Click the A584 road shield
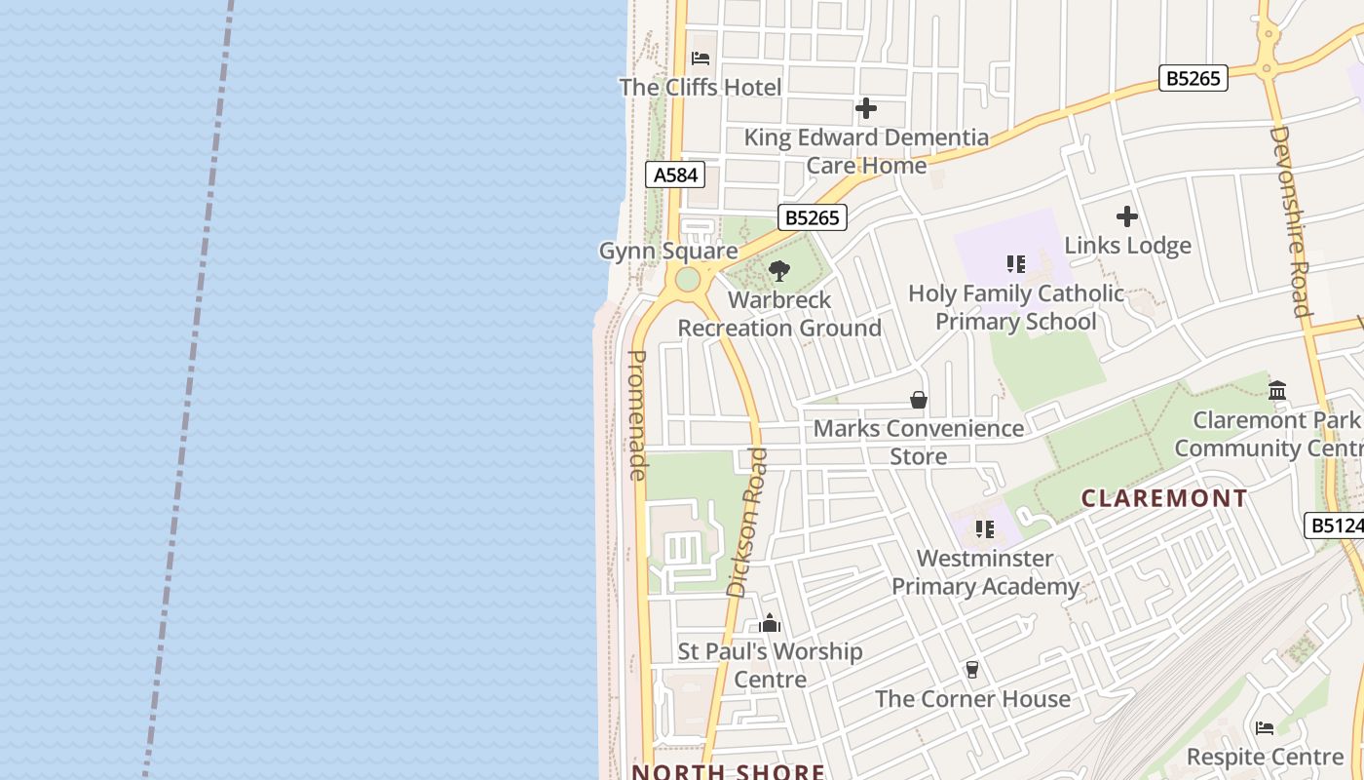(675, 175)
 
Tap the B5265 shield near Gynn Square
(812, 217)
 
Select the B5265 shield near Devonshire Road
(1193, 78)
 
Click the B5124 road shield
(1336, 526)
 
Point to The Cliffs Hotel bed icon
(701, 58)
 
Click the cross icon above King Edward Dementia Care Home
(866, 108)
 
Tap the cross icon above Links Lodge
(1127, 216)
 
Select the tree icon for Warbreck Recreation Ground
(778, 271)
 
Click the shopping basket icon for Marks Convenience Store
(918, 400)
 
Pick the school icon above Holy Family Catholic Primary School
(1016, 264)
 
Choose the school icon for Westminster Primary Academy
(985, 529)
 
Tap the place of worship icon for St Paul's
(770, 623)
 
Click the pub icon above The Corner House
(971, 670)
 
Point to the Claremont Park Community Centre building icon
(1277, 391)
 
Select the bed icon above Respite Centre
(1265, 727)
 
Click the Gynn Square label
(667, 252)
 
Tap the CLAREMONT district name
(1164, 498)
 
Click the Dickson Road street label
(748, 522)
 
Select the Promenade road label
(637, 414)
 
